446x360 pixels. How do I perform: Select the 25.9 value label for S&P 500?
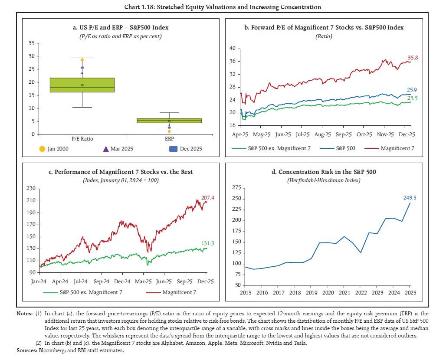(x=412, y=89)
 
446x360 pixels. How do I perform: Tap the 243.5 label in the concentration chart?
(x=410, y=198)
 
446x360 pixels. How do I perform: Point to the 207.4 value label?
(x=208, y=197)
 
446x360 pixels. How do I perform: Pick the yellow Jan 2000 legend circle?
(x=42, y=149)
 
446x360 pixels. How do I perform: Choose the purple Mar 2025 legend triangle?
(x=107, y=149)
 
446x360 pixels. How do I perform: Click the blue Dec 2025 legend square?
(x=172, y=149)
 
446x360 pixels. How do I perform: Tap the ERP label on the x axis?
(x=169, y=138)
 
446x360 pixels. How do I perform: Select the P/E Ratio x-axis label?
(x=82, y=138)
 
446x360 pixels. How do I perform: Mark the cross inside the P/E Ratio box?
(x=82, y=85)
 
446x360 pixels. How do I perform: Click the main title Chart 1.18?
(x=223, y=7)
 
